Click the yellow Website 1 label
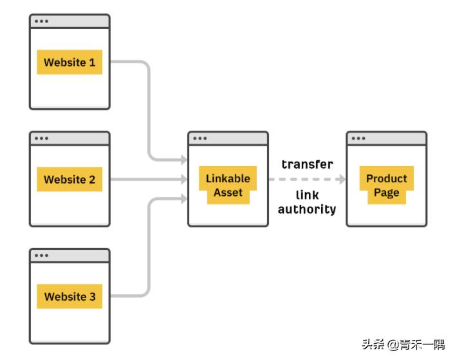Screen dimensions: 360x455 70,62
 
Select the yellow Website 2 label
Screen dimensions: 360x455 70,180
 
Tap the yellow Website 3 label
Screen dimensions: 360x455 70,297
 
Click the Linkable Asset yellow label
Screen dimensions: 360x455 228,185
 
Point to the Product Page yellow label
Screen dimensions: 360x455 386,185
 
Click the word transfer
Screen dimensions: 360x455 307,164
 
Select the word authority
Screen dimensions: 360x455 307,209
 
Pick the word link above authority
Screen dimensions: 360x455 307,194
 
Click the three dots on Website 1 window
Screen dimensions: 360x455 42,21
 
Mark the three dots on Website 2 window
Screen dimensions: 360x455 42,138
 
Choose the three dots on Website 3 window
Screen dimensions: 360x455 42,256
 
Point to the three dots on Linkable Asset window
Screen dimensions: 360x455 200,138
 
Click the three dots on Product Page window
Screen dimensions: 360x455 358,138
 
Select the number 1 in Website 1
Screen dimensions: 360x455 92,62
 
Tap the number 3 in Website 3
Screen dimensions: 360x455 92,297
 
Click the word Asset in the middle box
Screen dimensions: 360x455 228,193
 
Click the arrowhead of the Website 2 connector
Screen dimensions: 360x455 184,180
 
